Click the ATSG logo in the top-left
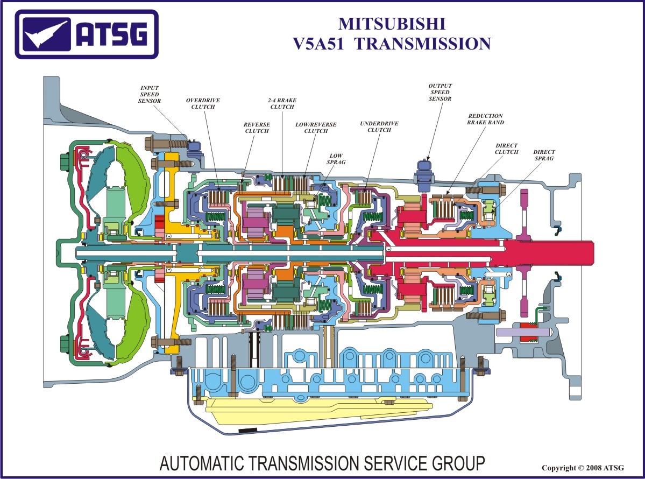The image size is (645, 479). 87,34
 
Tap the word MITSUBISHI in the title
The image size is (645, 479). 392,24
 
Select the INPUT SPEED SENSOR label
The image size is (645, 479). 149,94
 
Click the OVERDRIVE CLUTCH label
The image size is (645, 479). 203,103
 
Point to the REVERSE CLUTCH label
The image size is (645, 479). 257,128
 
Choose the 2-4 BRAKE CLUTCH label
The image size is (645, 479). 282,103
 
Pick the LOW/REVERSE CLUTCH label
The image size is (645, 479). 316,128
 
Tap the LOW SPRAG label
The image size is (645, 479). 336,159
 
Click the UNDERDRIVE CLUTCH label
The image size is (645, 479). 379,127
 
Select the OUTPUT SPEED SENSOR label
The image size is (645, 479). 440,92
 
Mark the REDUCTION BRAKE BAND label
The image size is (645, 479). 485,119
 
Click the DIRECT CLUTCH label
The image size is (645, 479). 506,149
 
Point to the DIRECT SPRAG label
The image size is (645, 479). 544,156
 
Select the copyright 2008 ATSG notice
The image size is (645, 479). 583,468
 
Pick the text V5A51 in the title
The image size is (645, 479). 320,44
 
